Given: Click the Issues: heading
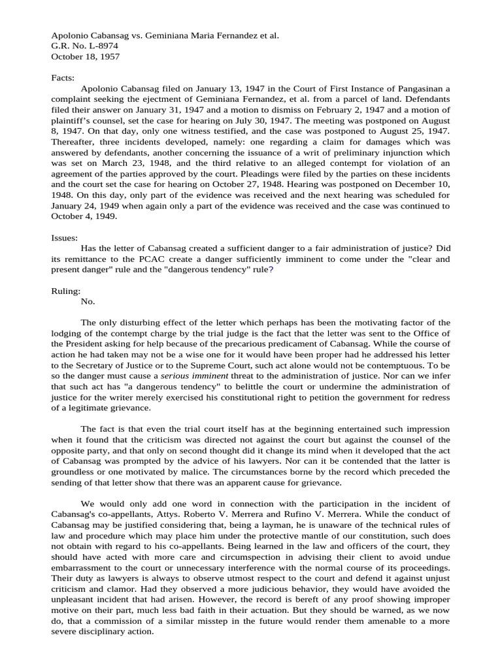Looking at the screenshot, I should pos(64,238).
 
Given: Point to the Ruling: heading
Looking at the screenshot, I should pos(66,291).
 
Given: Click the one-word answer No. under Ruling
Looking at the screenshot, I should pos(88,301).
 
